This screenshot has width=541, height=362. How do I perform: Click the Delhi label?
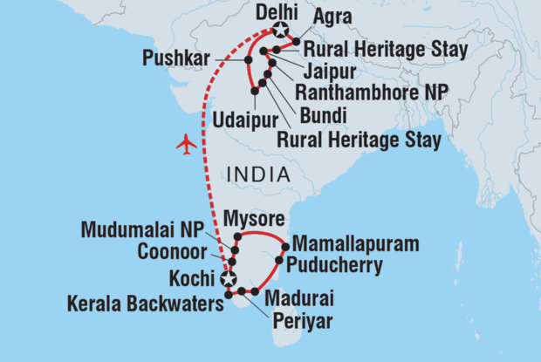pos(277,12)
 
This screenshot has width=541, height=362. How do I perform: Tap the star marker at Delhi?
pos(279,31)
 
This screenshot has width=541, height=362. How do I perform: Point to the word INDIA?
pos(257,175)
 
